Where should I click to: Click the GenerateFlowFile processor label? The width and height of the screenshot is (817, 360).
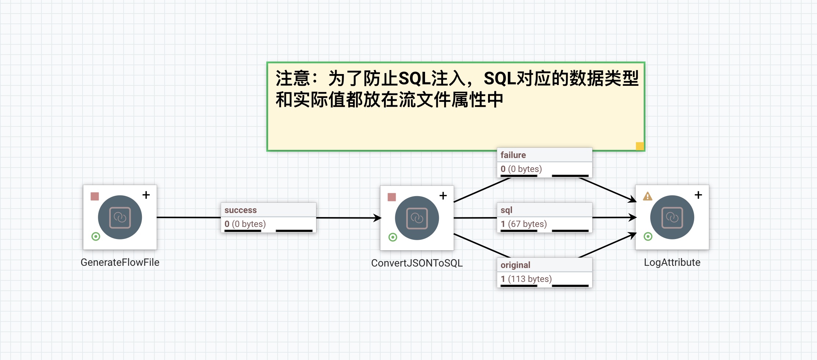[120, 262]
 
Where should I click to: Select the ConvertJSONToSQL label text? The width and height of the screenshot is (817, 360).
[417, 263]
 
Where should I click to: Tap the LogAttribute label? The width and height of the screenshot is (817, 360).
[672, 262]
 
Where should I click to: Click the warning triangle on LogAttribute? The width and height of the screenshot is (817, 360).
[648, 196]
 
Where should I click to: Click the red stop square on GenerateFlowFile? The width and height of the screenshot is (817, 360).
[95, 196]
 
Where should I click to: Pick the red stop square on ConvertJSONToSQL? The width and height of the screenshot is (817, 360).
[392, 197]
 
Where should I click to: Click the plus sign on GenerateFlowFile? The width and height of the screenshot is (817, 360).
[146, 195]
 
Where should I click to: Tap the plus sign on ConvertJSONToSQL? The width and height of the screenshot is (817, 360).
[443, 196]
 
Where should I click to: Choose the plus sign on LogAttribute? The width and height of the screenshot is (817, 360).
[698, 195]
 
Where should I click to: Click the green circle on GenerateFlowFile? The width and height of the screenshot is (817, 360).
[96, 236]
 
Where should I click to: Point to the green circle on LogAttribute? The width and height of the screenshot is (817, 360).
[648, 236]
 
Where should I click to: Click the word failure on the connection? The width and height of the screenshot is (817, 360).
[513, 155]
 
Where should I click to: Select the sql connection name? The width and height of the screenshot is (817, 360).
[506, 210]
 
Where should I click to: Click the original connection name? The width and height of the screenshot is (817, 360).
[515, 265]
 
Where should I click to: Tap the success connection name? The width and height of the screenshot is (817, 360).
[241, 210]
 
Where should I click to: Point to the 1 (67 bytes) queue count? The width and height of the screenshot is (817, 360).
[524, 224]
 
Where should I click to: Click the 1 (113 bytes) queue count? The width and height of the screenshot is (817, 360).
[526, 279]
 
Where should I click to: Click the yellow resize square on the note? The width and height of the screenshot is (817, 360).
[640, 146]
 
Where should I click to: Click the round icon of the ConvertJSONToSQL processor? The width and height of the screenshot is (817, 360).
[417, 218]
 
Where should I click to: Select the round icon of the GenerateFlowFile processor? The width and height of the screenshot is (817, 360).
[120, 217]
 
